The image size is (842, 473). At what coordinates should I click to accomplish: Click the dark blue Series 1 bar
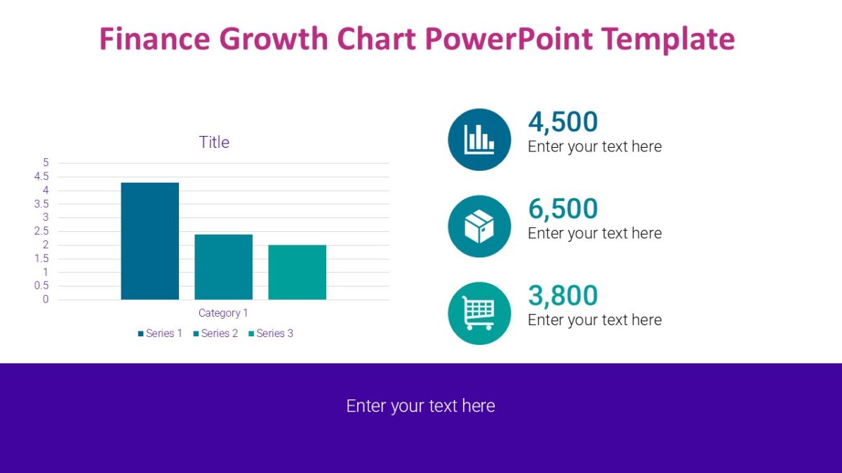coord(149,241)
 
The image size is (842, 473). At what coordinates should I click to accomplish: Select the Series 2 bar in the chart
coord(223,267)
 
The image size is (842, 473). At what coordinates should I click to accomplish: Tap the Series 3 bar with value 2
coord(297,273)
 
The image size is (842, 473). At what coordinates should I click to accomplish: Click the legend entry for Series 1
coord(160,334)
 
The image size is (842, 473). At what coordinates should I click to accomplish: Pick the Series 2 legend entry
coord(215,334)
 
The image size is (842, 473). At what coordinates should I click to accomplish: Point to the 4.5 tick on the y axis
coord(41,177)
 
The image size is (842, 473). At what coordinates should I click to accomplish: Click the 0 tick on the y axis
coord(46,300)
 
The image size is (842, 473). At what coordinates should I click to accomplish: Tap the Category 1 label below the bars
coord(223,313)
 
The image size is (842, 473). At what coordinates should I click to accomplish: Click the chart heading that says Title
coord(214,142)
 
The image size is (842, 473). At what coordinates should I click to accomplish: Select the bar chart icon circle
coord(479,139)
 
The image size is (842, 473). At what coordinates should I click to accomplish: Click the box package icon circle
coord(479,226)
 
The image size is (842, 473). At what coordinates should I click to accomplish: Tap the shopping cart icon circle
coord(479,313)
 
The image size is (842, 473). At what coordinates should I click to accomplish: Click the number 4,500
coord(563,122)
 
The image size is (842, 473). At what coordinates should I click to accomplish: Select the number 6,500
coord(563,209)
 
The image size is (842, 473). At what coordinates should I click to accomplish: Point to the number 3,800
coord(563,296)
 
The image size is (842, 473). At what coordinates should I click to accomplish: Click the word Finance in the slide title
coord(155,39)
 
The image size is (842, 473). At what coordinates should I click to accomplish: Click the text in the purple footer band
coord(420,406)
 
